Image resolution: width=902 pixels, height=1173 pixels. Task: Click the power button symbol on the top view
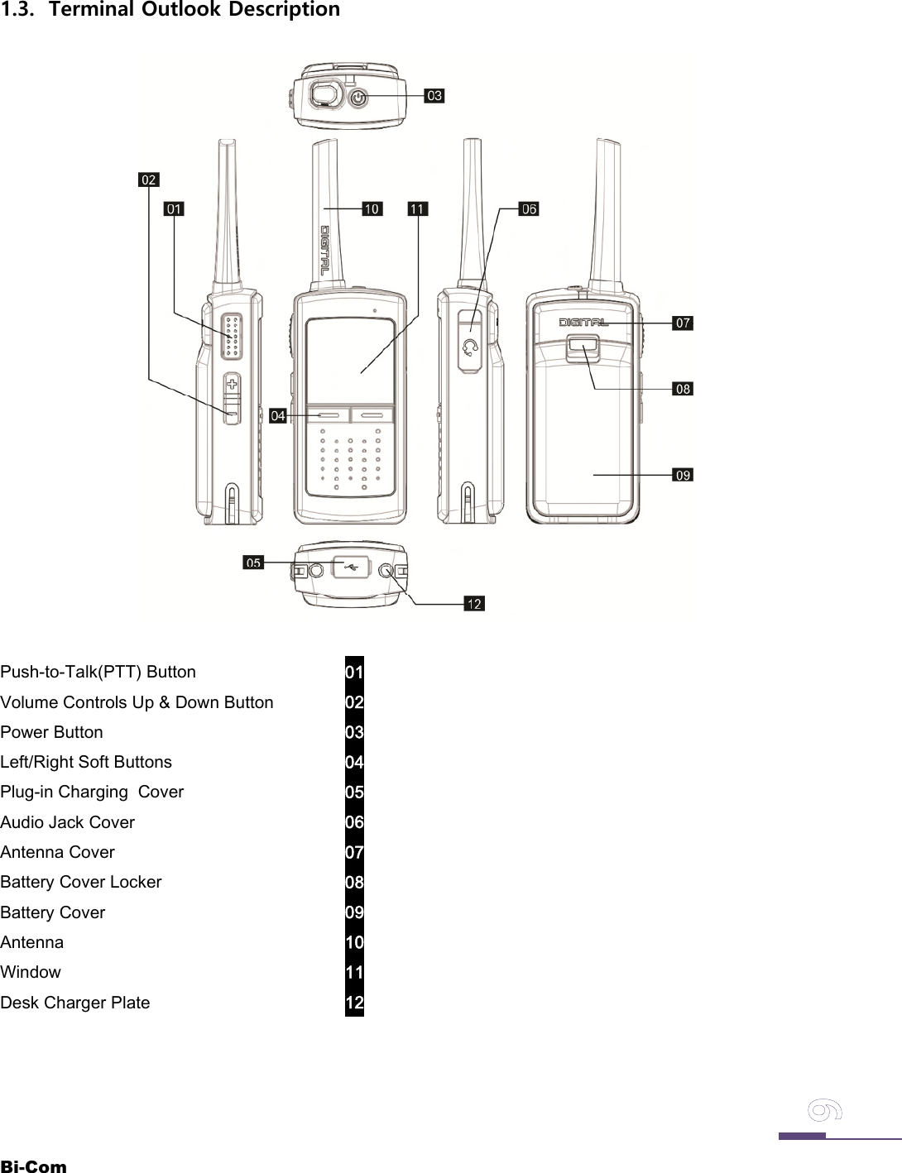click(x=357, y=98)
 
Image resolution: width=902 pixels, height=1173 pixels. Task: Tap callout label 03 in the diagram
click(x=434, y=96)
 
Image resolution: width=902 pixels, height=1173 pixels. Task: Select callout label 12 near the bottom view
click(x=474, y=604)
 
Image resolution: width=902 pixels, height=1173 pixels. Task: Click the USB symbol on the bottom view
click(x=350, y=567)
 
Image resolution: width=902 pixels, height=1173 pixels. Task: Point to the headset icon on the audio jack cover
click(x=471, y=347)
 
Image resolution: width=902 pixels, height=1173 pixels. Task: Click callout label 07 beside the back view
click(x=683, y=323)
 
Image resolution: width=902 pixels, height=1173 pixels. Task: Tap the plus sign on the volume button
click(x=233, y=384)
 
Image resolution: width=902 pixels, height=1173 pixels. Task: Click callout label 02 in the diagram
click(x=148, y=180)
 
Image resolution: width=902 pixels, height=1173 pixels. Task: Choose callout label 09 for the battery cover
click(x=683, y=475)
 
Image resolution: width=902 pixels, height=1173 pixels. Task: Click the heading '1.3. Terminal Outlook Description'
click(x=170, y=10)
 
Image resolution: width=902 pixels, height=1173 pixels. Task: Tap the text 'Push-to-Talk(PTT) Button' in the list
click(x=98, y=672)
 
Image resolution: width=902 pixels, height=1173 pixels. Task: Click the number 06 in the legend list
click(x=354, y=822)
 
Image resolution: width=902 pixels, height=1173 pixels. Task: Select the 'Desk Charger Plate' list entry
click(x=75, y=1003)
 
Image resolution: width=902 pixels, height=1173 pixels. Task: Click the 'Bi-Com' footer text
click(x=33, y=1166)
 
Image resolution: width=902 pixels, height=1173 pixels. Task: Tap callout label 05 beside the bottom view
click(x=253, y=563)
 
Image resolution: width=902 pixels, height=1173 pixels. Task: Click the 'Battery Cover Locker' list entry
click(x=81, y=882)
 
